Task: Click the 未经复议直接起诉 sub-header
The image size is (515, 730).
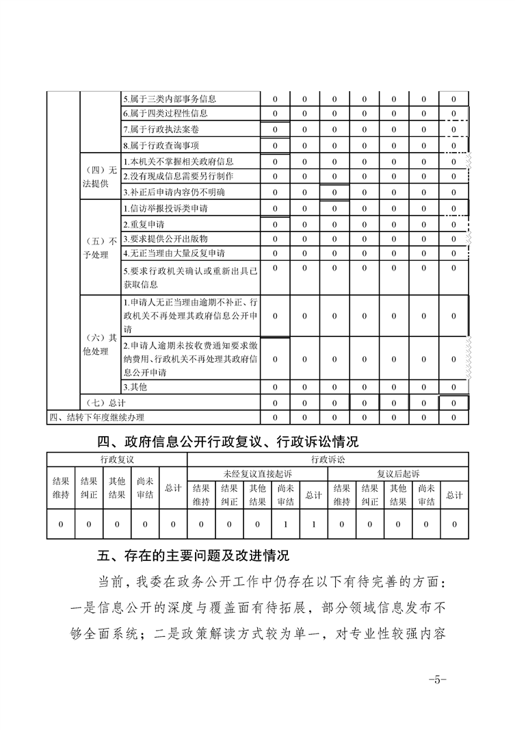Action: click(x=257, y=473)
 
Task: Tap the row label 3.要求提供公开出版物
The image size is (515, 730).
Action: click(x=158, y=239)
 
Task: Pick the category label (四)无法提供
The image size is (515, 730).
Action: click(x=101, y=177)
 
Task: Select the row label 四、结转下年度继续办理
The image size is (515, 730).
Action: click(x=96, y=417)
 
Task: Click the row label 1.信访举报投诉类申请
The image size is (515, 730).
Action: click(x=166, y=208)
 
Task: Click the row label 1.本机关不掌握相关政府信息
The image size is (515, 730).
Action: click(x=178, y=162)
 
